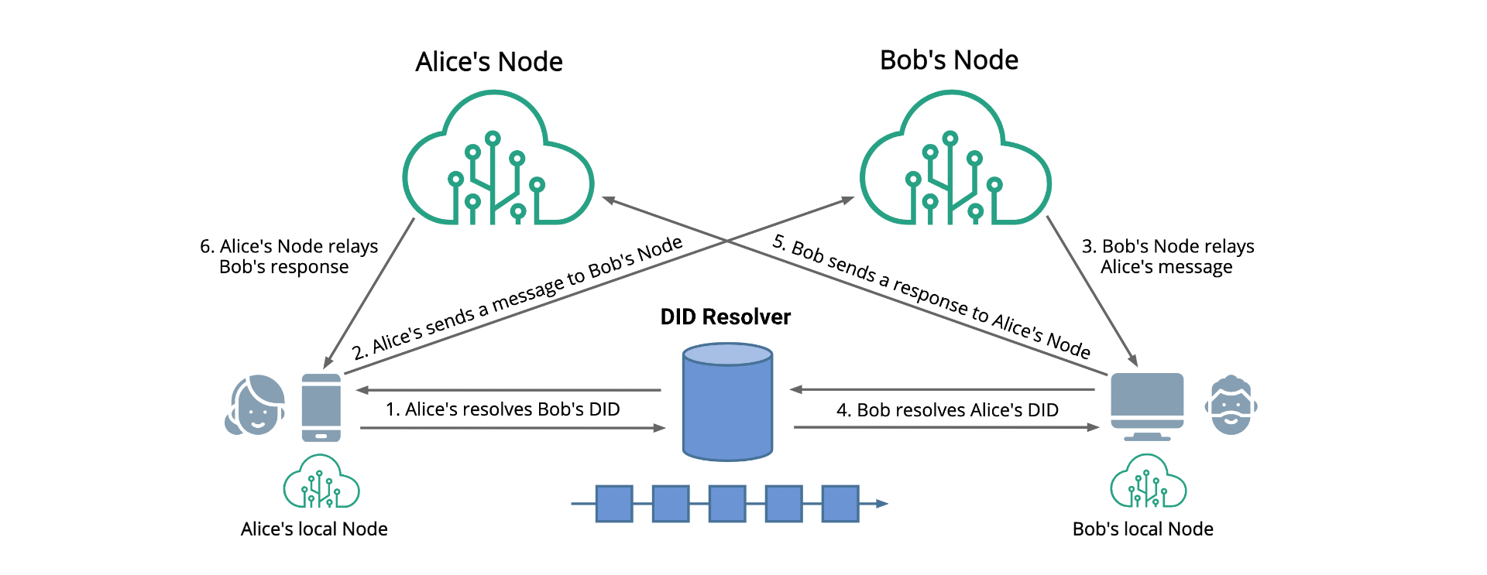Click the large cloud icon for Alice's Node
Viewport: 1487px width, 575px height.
(x=497, y=163)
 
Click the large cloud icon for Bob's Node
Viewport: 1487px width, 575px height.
(x=955, y=163)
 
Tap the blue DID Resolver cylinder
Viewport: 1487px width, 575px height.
(x=727, y=402)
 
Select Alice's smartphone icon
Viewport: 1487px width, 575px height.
(x=321, y=407)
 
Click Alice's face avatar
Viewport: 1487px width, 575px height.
(x=255, y=406)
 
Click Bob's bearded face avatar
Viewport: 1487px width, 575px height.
(x=1231, y=406)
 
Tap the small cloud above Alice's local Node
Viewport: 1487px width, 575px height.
(x=321, y=482)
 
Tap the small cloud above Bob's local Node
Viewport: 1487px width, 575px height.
(x=1148, y=482)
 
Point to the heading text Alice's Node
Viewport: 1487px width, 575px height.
(x=489, y=62)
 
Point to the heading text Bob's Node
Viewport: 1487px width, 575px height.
(x=949, y=60)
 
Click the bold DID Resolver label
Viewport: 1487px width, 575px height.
(x=725, y=317)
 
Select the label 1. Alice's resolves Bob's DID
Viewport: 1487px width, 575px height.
(x=503, y=409)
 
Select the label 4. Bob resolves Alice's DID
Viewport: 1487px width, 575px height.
(x=947, y=410)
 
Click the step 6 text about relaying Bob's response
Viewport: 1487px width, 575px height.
(x=288, y=256)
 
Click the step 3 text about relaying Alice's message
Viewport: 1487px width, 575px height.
(x=1167, y=256)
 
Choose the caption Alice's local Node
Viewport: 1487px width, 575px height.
(x=314, y=529)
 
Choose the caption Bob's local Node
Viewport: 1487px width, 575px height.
(x=1142, y=529)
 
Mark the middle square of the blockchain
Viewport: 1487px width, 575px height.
(x=727, y=504)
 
